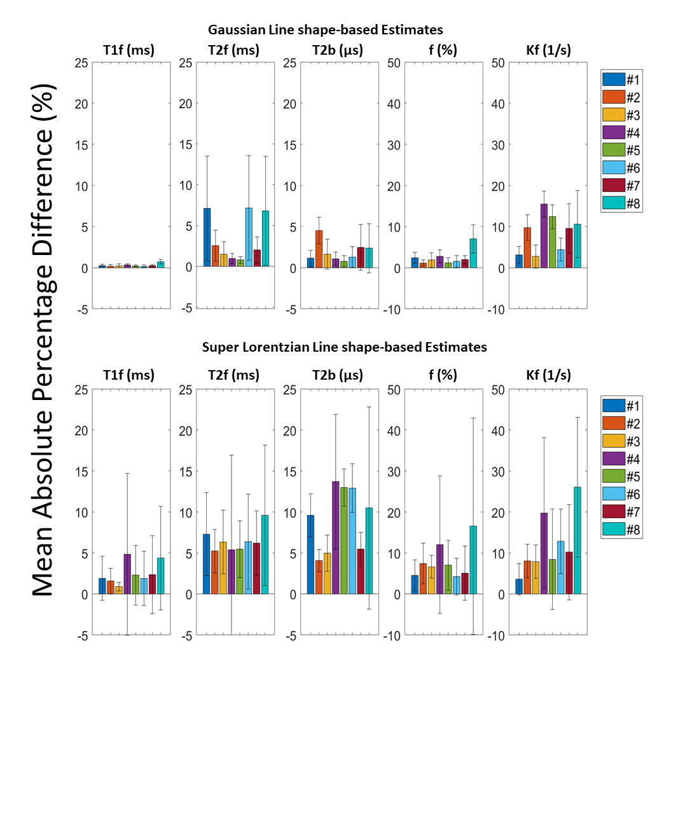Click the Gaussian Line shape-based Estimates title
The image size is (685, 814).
[325, 30]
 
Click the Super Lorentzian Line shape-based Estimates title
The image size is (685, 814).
[344, 347]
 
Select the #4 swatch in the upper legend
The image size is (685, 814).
[614, 133]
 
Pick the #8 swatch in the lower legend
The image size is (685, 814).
[614, 530]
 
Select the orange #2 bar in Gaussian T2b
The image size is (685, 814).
[319, 249]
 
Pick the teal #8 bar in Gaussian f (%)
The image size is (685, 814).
[473, 253]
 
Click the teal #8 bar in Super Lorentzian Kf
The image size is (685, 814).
[578, 541]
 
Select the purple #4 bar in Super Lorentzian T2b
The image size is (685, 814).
[336, 538]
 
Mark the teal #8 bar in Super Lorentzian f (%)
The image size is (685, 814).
[473, 560]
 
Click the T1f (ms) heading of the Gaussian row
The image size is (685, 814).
[129, 50]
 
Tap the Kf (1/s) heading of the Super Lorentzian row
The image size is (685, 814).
[548, 375]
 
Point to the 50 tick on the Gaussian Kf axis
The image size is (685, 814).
[498, 63]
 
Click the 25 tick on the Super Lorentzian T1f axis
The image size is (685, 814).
[81, 390]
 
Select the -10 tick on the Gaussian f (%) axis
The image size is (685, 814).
[392, 310]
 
